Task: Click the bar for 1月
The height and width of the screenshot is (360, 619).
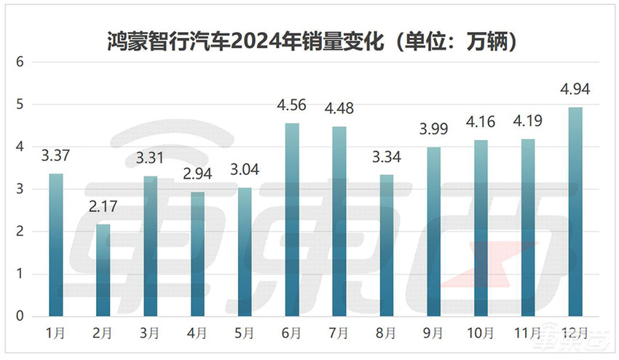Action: [x=56, y=246]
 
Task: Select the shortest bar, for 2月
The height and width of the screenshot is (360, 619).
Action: [x=103, y=270]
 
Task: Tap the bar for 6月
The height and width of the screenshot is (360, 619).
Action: [x=292, y=220]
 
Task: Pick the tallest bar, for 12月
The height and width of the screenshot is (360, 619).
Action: [x=575, y=212]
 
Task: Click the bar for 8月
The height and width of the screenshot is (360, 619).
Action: [x=386, y=246]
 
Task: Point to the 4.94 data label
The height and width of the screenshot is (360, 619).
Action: [x=575, y=90]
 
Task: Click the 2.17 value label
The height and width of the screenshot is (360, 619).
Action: [x=103, y=208]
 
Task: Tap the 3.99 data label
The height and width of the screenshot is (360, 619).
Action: [x=433, y=130]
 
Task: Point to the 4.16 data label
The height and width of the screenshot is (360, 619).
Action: [x=481, y=123]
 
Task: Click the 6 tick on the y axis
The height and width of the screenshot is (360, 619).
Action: [x=21, y=63]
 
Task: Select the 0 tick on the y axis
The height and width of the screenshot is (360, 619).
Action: [x=21, y=317]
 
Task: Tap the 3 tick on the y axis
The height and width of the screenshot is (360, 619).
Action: [x=21, y=189]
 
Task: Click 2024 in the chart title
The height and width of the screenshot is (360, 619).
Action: [x=256, y=42]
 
